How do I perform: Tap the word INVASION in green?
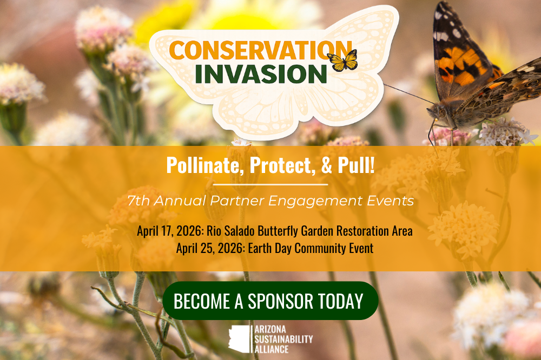tap(261, 73)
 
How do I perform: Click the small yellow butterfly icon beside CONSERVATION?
tap(342, 61)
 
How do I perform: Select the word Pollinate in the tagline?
tap(203, 165)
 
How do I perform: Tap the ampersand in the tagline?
tap(327, 165)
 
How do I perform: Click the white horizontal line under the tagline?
tap(270, 185)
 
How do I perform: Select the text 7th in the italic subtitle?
tap(138, 201)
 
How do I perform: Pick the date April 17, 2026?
tap(170, 231)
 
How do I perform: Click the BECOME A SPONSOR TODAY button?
tap(270, 301)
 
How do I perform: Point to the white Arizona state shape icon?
tap(239, 339)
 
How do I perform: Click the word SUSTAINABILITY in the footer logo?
tap(283, 339)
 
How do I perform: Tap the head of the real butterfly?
tap(436, 112)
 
